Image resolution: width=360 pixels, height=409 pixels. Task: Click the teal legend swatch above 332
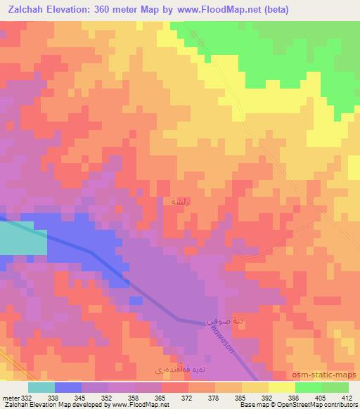click(x=41, y=387)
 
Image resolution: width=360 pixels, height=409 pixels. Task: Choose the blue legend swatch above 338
click(x=67, y=387)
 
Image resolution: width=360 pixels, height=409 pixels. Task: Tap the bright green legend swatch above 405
click(x=308, y=387)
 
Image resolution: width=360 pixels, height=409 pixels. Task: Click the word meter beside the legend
click(x=11, y=398)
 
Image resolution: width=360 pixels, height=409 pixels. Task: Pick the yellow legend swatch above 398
click(x=281, y=387)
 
